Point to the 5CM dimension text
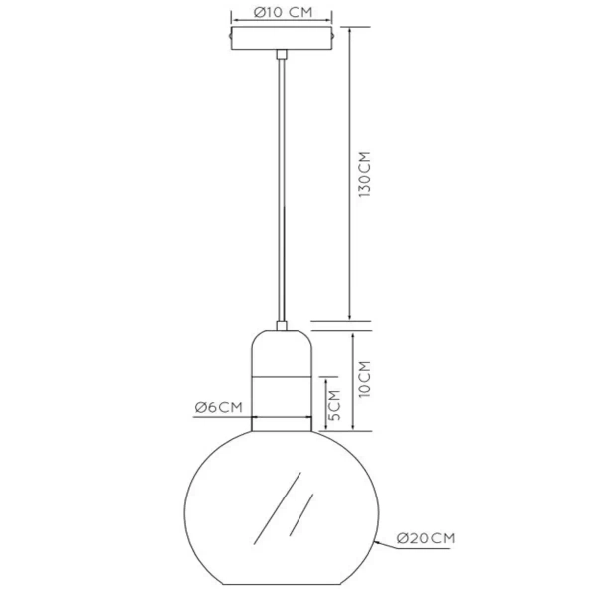tap(334, 406)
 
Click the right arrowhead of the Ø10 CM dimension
tap(330, 20)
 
